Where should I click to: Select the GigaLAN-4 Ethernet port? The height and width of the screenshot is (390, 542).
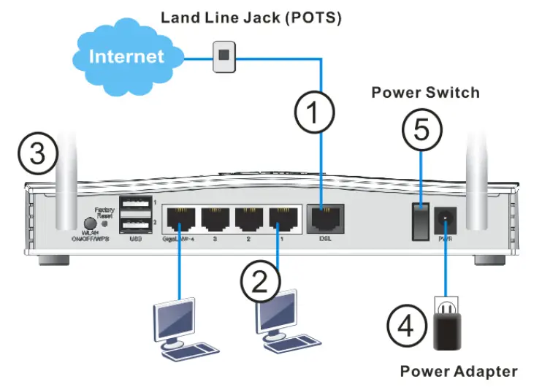tap(179, 216)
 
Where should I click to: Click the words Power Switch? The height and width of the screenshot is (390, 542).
tap(425, 93)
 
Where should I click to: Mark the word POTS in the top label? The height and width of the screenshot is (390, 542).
tap(316, 17)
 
